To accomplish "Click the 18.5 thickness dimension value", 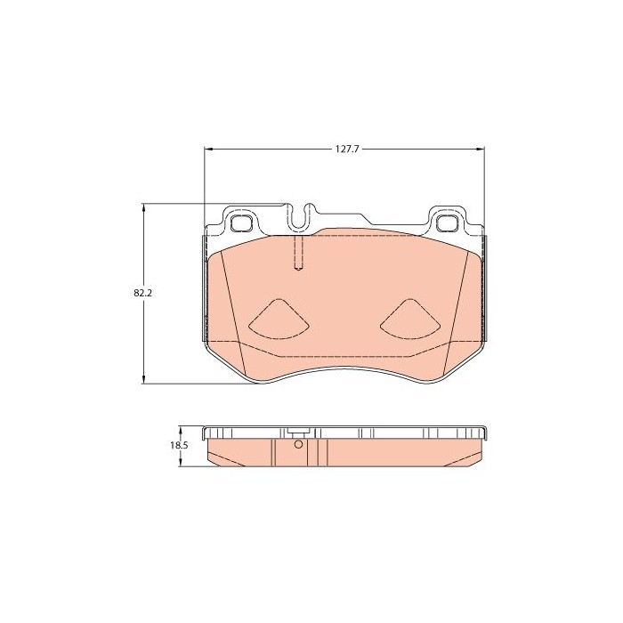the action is pyautogui.click(x=179, y=445).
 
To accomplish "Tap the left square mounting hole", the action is pyautogui.click(x=241, y=222).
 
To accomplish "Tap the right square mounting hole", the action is pyautogui.click(x=448, y=222).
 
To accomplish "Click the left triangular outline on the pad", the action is pyautogui.click(x=279, y=319).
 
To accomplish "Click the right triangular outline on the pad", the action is pyautogui.click(x=410, y=319).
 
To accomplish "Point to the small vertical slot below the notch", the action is pyautogui.click(x=299, y=254).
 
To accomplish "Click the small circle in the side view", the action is pyautogui.click(x=298, y=444).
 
